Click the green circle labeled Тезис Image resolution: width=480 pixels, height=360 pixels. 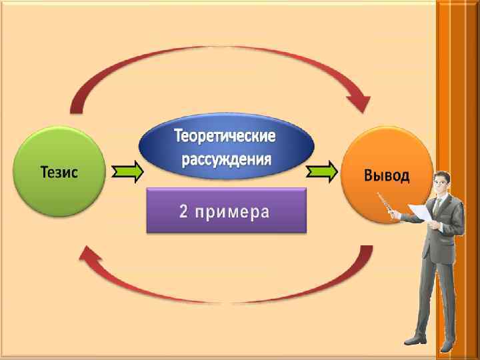coord(59,172)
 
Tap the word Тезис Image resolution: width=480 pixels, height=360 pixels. coord(59,172)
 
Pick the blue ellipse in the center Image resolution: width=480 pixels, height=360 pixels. coord(225,147)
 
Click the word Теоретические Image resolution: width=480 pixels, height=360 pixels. coord(225,137)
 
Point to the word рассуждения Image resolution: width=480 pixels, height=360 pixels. coord(225,159)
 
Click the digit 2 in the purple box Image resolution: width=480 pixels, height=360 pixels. coord(184,211)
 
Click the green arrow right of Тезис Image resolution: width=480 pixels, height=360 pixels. coord(127,173)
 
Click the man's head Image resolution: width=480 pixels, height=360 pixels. coord(441,181)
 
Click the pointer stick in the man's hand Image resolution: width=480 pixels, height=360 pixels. coord(385,203)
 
